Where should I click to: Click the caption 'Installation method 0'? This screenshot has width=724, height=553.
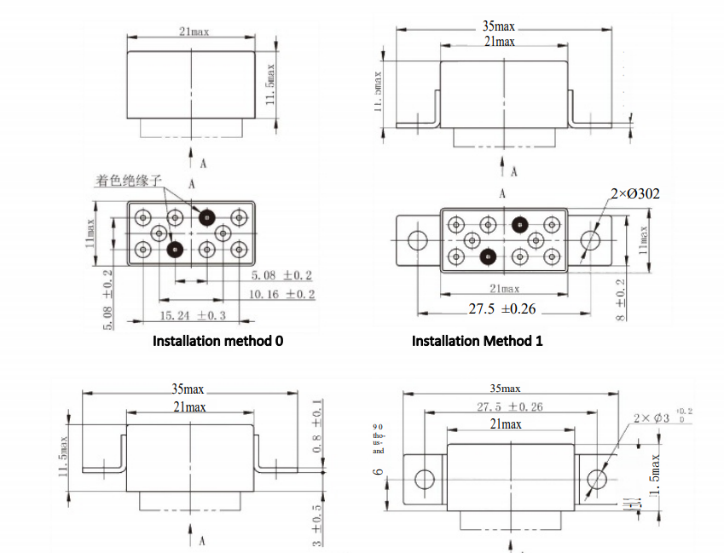[x=217, y=341]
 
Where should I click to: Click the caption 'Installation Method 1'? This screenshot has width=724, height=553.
[x=478, y=341]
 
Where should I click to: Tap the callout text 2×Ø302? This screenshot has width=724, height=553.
[x=634, y=194]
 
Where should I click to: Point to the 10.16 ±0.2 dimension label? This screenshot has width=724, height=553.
[x=281, y=294]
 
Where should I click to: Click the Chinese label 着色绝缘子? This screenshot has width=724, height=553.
[x=129, y=180]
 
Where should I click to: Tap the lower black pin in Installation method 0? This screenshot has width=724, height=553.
[x=175, y=250]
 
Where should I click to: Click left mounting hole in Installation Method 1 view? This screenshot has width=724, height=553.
[x=418, y=240]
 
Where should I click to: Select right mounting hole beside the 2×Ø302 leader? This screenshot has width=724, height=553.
[x=590, y=240]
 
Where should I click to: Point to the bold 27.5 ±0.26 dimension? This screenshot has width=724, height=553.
[x=503, y=308]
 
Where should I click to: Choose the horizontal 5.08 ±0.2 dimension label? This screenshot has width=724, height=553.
[x=281, y=276]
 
